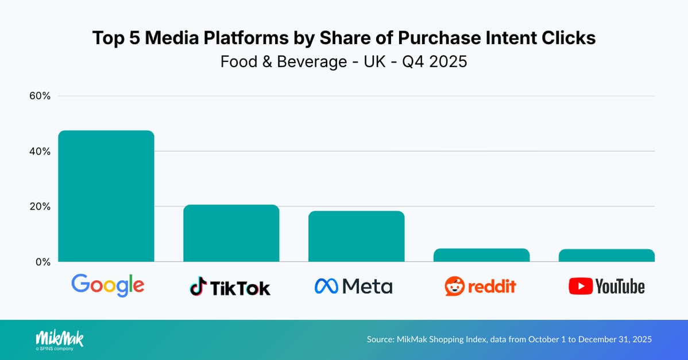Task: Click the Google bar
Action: pos(106,196)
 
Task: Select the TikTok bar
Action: pos(231,233)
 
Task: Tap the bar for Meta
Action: pos(356,237)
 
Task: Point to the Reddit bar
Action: pos(481,255)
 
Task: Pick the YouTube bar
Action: pos(606,256)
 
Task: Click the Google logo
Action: pos(107,285)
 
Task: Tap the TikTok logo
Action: pos(230,287)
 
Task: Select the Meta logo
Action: pos(353,286)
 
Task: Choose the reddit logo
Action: pos(480,286)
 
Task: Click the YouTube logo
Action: pos(606,286)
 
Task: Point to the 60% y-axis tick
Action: pos(40,96)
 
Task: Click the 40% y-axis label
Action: pos(40,152)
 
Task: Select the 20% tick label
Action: pos(40,207)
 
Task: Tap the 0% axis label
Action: pos(42,262)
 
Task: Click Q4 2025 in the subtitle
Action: pos(434,61)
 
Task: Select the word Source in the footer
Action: pos(380,339)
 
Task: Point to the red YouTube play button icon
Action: pos(580,286)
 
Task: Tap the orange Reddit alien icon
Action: pos(454,286)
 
